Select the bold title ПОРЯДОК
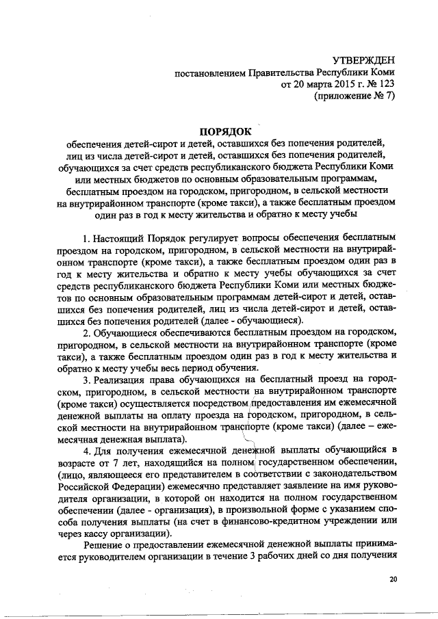pos(226,130)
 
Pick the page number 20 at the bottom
pos(392,579)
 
